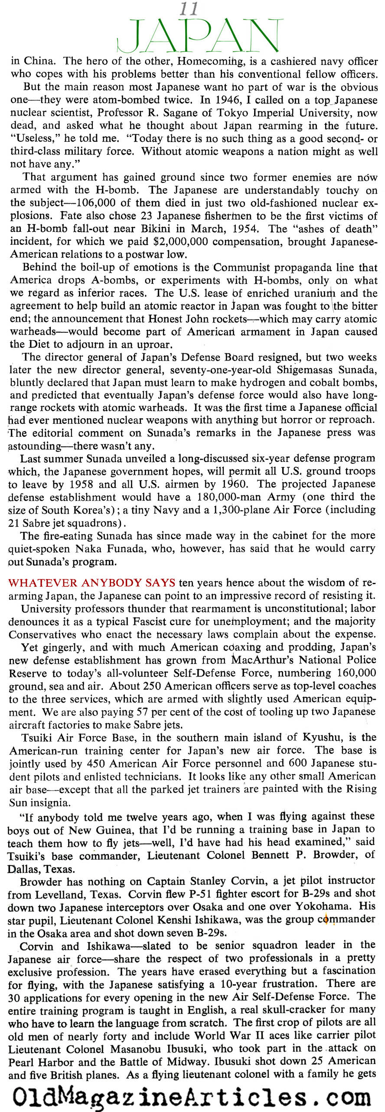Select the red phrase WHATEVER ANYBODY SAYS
(x=92, y=583)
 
